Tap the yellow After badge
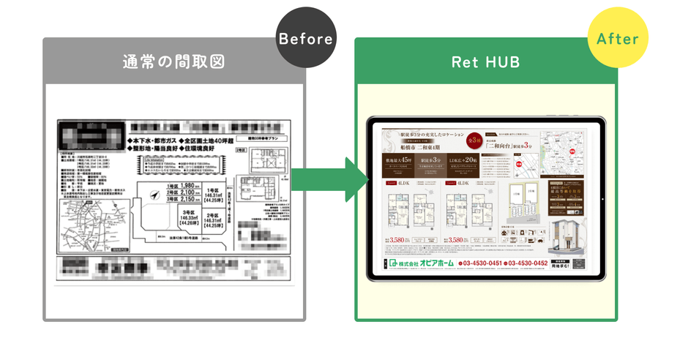618,38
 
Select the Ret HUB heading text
486,62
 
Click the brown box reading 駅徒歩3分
435,162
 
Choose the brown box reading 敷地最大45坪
399,162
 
